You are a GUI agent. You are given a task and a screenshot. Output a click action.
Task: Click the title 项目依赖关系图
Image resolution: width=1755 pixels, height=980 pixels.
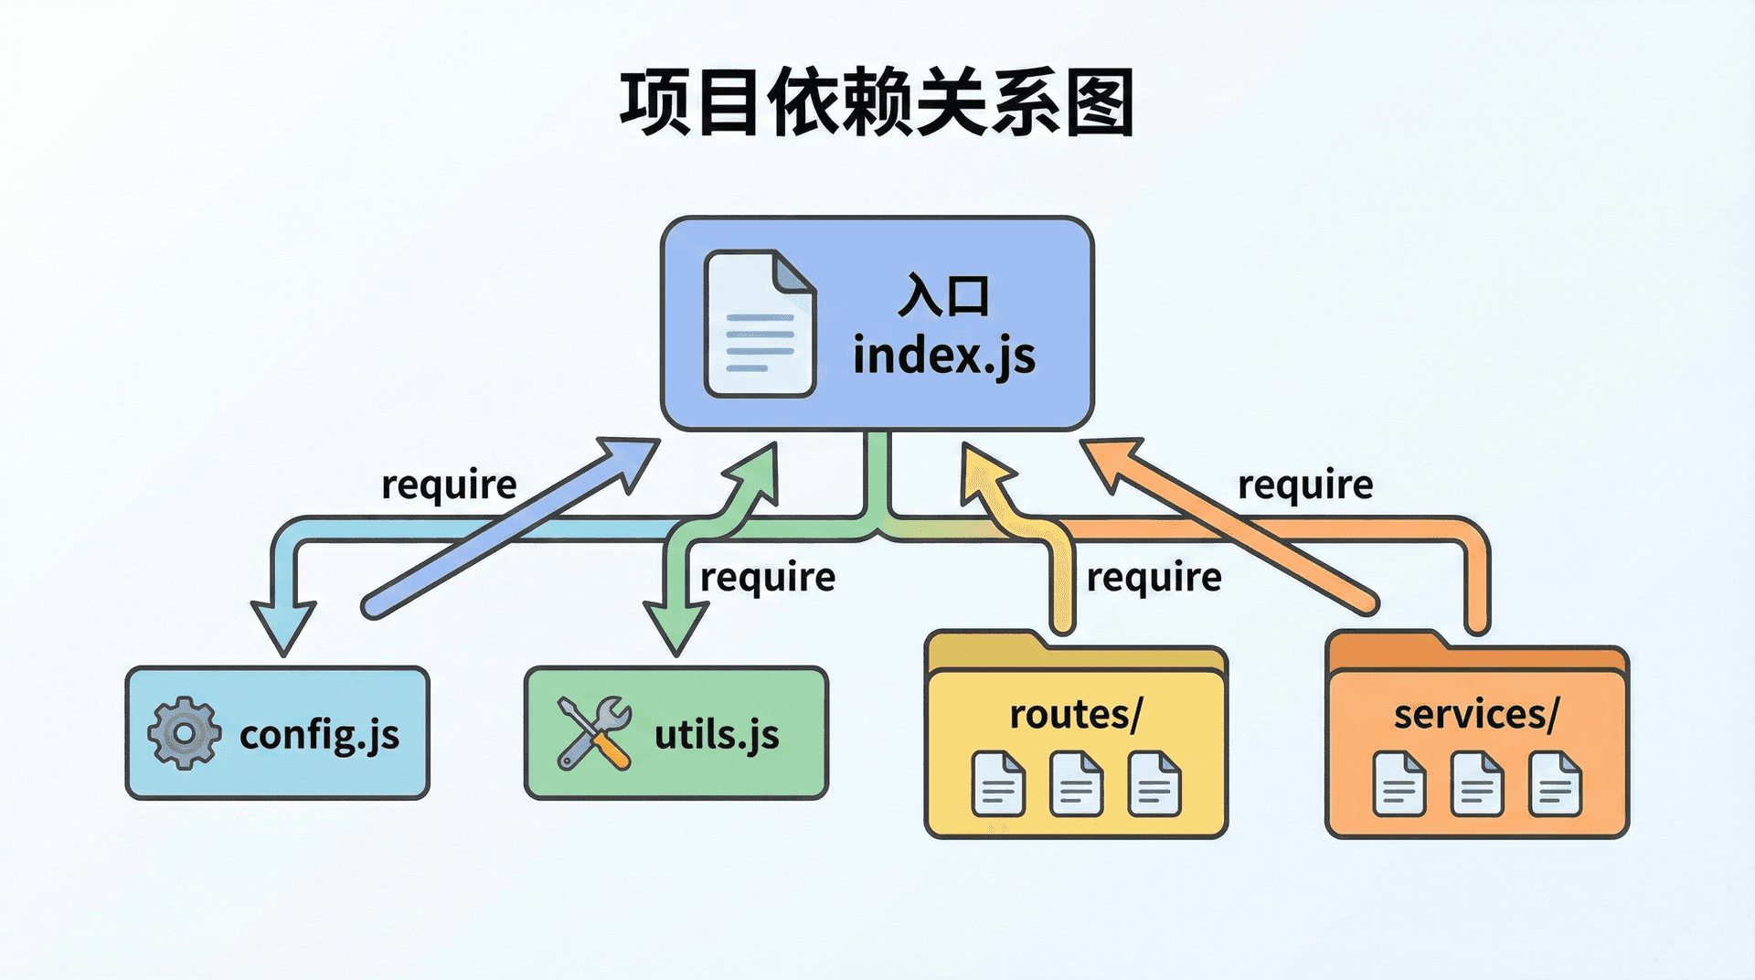pos(877,102)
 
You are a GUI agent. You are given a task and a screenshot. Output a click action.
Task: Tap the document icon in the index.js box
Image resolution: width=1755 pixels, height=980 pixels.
pos(759,325)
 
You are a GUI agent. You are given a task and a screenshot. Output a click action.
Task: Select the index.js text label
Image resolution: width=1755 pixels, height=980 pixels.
pos(943,356)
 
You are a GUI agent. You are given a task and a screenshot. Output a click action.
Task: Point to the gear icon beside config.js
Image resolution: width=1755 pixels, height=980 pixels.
pos(184,733)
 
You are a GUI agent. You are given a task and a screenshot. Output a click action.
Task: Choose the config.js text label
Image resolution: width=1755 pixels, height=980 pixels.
pos(319,735)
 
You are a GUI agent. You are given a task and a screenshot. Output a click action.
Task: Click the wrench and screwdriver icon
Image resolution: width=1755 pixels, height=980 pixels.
pos(594,733)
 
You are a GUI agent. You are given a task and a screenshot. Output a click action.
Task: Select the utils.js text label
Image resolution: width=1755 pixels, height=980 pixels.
pos(717,734)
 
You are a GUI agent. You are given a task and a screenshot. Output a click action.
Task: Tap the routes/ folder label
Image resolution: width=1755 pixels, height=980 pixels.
pos(1075,714)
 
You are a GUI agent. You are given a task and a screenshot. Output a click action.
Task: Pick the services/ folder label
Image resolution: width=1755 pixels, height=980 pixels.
pos(1475,714)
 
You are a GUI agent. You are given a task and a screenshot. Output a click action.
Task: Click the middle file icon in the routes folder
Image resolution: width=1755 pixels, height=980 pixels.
pos(1076,783)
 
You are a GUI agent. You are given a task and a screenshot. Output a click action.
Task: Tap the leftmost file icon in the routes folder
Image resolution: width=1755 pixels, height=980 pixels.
pos(998,783)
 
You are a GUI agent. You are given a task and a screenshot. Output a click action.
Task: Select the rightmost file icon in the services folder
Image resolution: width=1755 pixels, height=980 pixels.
pos(1555,783)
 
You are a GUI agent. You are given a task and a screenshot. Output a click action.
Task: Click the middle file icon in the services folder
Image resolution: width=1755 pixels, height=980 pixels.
pos(1476,783)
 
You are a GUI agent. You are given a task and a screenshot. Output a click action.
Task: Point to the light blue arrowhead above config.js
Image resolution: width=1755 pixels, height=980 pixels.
pos(283,626)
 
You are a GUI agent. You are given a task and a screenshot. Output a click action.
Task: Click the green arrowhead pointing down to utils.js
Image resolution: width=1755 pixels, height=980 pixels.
pos(675,627)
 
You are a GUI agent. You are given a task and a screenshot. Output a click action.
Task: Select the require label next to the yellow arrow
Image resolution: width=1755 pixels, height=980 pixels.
pos(1154,578)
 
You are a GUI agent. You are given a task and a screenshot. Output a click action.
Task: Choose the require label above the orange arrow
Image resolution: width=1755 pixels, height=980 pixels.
pos(1304,485)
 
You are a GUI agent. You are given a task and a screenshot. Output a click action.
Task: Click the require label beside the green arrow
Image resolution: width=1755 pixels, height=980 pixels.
pos(767,578)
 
